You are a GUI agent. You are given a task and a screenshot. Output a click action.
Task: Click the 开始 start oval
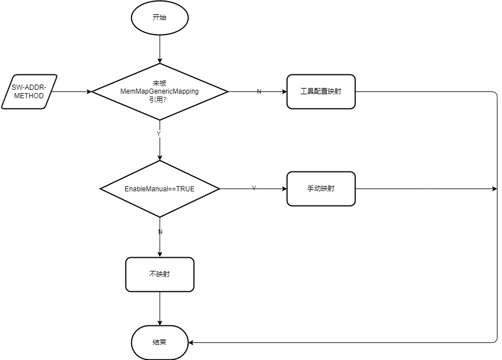[160, 18]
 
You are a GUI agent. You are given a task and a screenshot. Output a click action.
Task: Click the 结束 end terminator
[160, 342]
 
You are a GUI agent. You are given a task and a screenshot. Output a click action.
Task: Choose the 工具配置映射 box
[321, 91]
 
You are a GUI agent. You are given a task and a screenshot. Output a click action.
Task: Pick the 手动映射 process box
[321, 189]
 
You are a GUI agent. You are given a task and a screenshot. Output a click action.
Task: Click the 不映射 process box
[160, 274]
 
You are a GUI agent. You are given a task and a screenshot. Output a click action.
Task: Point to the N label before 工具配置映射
[259, 92]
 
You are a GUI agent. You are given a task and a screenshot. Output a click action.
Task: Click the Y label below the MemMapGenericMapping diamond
[158, 133]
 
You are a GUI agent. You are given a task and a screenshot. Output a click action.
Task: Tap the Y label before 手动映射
[253, 188]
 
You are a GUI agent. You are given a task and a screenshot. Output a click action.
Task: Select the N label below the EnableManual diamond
[160, 232]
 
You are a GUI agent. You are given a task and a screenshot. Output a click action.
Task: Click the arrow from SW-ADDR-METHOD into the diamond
[74, 91]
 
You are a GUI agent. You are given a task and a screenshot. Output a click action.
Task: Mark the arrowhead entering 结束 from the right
[191, 342]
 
